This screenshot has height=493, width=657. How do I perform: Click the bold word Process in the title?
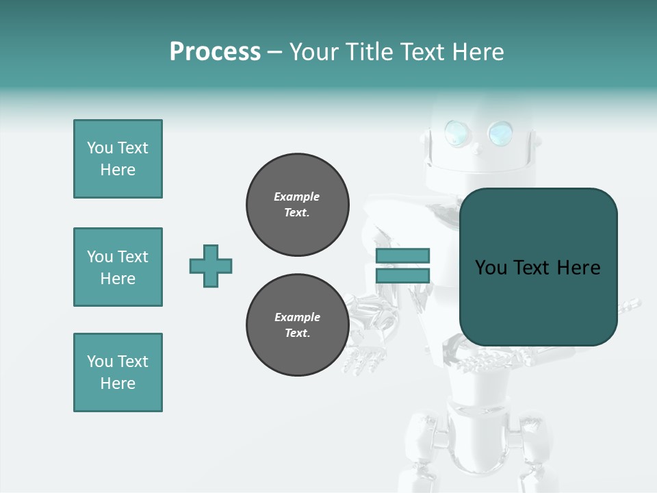[x=215, y=51]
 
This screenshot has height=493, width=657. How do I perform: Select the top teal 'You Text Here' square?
[x=118, y=159]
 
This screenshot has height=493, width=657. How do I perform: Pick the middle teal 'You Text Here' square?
[x=118, y=267]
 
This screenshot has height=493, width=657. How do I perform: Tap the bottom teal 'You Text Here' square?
[x=118, y=372]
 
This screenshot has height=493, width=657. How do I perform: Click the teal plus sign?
[x=211, y=266]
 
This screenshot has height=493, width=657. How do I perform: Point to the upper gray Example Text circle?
[x=298, y=205]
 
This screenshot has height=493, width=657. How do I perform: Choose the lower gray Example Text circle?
[x=298, y=325]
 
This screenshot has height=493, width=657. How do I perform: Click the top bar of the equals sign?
[x=402, y=255]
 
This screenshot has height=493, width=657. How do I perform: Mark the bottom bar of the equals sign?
[x=402, y=275]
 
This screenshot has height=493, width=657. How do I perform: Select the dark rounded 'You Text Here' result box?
[x=539, y=267]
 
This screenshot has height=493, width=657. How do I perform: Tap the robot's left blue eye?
[x=455, y=133]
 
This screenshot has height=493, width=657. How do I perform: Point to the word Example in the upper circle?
[x=296, y=197]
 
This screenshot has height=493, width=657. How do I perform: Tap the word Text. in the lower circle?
[x=297, y=333]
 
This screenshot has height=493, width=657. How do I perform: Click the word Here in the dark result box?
[x=578, y=268]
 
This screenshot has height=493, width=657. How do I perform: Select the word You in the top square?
[x=100, y=148]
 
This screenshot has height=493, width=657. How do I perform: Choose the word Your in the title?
[x=315, y=51]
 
